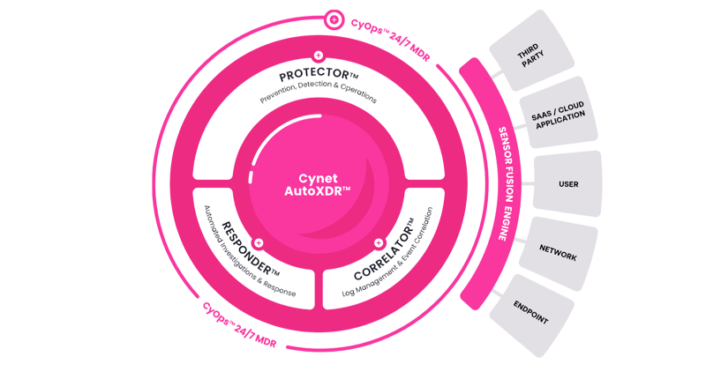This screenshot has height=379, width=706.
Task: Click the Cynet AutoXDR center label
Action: click(318, 185)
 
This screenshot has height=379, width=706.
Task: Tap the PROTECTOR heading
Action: click(319, 74)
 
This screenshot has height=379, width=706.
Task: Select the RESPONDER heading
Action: click(251, 249)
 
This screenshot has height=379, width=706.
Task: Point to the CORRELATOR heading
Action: click(384, 249)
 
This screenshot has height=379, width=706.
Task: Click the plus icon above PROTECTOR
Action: click(319, 56)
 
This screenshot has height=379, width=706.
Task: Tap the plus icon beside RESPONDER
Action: click(259, 243)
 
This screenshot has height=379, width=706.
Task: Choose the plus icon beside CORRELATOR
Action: click(379, 243)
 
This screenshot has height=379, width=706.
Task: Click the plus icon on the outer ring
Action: click(334, 19)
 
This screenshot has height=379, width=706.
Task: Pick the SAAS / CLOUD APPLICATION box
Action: click(559, 113)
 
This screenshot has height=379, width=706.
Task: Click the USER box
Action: click(567, 184)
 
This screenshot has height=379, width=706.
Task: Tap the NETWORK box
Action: click(559, 254)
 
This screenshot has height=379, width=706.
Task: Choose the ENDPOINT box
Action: click(531, 316)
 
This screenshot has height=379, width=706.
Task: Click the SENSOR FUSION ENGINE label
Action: click(505, 183)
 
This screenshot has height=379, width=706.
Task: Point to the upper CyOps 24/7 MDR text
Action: click(390, 39)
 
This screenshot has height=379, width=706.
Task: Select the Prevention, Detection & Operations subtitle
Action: click(319, 92)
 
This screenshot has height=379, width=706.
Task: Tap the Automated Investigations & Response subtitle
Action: click(249, 252)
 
